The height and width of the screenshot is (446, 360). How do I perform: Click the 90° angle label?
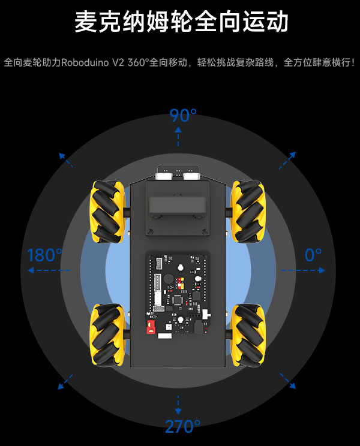point(183,116)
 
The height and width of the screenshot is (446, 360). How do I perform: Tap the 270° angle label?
point(183,426)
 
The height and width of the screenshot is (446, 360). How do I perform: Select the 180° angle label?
point(44,255)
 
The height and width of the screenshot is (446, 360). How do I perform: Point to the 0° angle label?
point(313,255)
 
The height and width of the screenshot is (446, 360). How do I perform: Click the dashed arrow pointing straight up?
point(178,137)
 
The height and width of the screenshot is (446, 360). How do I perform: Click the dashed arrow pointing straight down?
point(178,405)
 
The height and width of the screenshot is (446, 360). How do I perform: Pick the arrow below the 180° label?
point(49,270)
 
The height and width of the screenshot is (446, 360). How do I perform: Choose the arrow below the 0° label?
point(303,270)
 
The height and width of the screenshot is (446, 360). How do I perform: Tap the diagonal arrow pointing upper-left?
point(66,159)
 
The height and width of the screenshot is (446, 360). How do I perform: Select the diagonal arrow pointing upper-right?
point(287,161)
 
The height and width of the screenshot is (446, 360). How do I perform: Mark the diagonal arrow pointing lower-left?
point(65,382)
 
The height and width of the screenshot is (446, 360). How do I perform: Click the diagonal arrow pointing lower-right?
point(288,381)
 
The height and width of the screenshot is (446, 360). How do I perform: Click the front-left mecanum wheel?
point(108,212)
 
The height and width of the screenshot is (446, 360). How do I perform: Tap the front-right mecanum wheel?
point(248,212)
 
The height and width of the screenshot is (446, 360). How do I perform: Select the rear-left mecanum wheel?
point(108,334)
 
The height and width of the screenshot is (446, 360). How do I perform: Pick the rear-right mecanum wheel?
point(248,335)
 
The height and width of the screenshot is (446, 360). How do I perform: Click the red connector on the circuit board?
point(151,327)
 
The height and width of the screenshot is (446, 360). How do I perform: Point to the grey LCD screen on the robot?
point(178,205)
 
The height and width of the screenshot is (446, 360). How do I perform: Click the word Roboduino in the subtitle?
point(85,62)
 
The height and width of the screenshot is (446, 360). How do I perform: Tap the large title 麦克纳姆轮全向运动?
point(182,22)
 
